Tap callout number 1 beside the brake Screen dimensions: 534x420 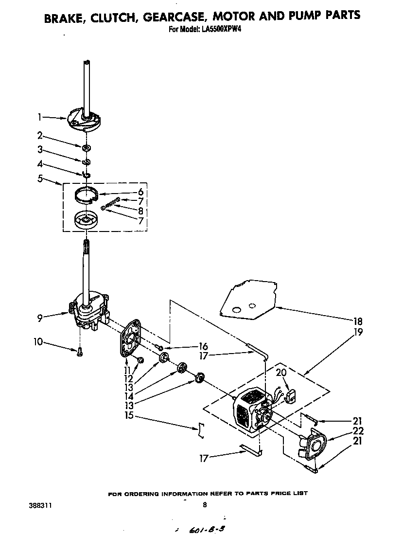coord(39,117)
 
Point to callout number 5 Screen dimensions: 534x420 coord(39,179)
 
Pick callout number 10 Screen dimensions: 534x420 coord(38,342)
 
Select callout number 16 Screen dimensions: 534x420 coord(203,346)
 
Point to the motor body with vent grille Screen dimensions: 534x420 coord(248,411)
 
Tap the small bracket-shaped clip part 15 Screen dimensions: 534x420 coord(200,431)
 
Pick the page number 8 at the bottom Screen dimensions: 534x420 coord(205,505)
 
